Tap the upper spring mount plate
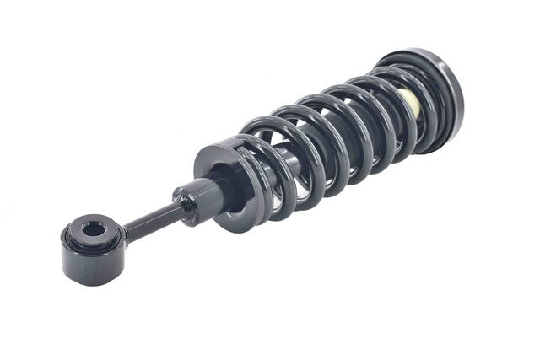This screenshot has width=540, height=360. coord(426,83)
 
